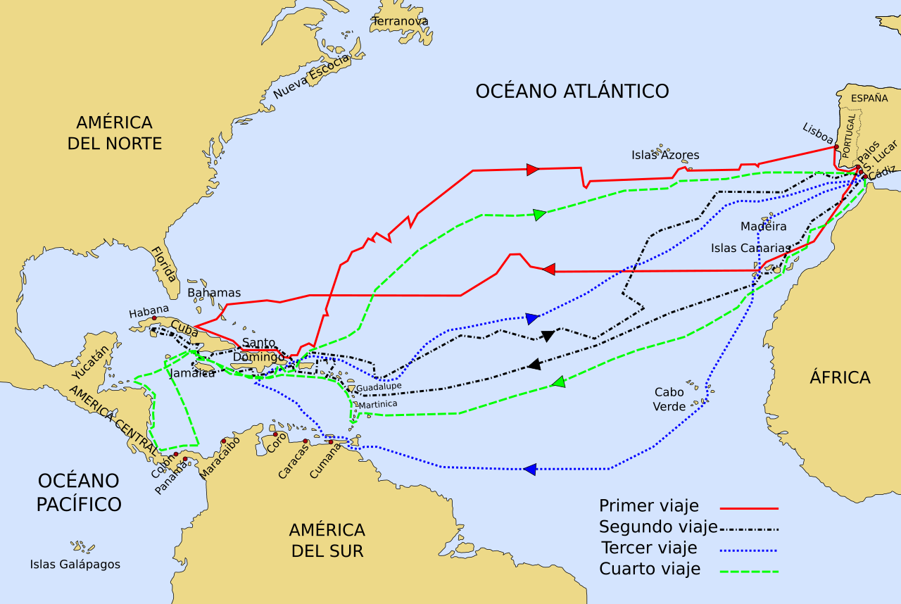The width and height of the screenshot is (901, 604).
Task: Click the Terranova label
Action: click(400, 21)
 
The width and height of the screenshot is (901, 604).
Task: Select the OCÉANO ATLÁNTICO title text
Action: click(572, 91)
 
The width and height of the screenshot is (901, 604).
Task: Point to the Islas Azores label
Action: click(665, 156)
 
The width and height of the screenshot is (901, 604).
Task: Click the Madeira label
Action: click(763, 226)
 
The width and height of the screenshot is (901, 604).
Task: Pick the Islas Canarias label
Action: click(750, 248)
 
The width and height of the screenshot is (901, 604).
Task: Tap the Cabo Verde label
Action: click(669, 399)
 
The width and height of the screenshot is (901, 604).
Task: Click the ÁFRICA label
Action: click(840, 377)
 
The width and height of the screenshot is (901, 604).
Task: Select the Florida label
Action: click(164, 264)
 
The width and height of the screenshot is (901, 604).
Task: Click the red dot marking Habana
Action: click(154, 318)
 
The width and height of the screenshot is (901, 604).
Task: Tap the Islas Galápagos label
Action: click(75, 564)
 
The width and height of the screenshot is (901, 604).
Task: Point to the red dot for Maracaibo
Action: click(224, 441)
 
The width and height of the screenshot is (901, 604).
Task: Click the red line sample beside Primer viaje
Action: click(749, 508)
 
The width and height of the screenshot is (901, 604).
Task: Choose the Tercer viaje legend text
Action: click(649, 548)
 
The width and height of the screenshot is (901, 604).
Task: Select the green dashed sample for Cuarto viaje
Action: click(749, 572)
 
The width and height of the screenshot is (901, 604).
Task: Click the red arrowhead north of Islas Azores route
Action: click(533, 169)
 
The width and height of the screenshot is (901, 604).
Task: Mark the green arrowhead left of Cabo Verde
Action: click(558, 382)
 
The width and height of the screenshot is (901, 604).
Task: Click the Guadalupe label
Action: click(379, 387)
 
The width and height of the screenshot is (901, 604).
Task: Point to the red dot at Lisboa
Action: click(836, 146)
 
